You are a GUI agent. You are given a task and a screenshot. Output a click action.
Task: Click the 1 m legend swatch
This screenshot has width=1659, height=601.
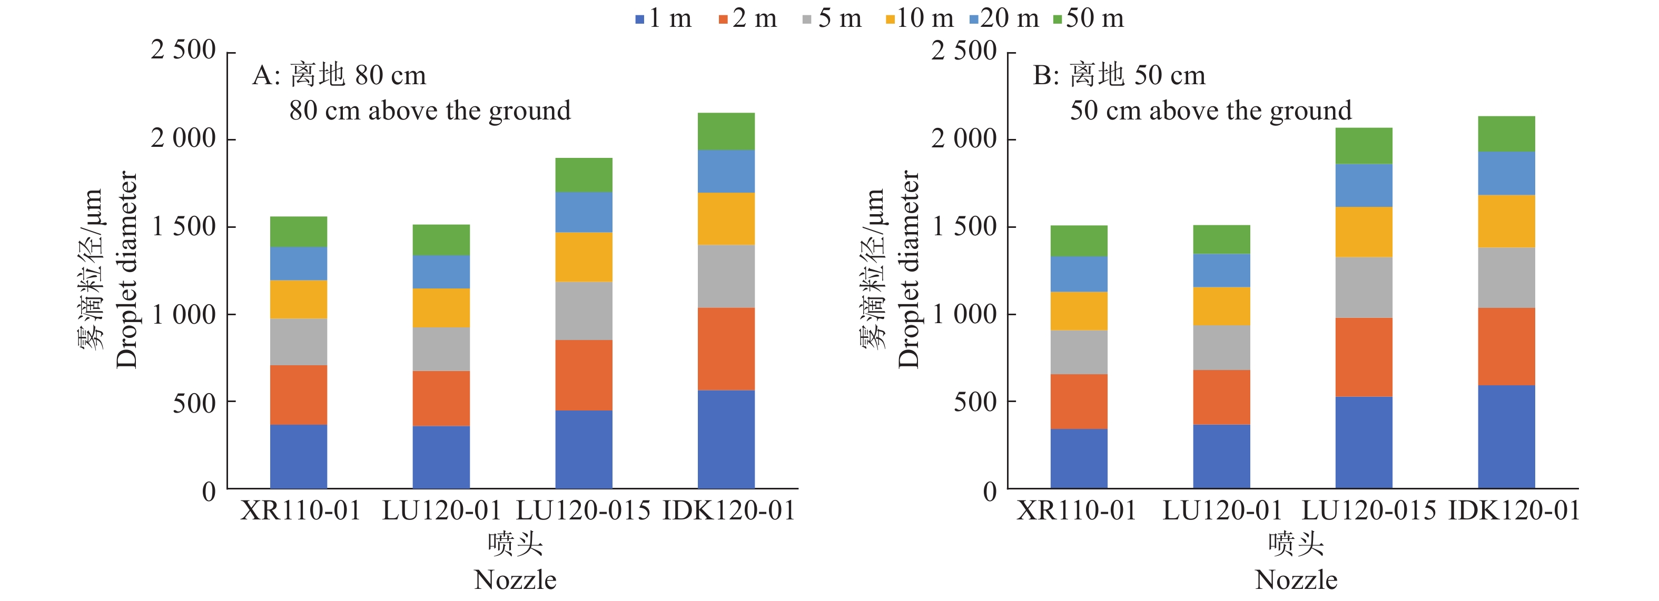tap(639, 20)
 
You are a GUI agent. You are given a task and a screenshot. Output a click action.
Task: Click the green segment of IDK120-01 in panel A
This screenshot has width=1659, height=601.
tap(726, 132)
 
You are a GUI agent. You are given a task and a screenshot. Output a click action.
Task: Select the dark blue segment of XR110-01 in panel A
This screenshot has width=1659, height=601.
tap(298, 456)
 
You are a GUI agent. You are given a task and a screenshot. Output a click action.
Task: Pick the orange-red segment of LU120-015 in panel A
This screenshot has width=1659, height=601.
tap(584, 375)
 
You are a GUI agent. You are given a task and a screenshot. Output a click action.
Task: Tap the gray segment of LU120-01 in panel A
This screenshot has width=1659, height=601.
tap(441, 349)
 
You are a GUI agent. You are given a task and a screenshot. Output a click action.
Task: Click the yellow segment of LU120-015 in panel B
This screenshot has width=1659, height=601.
tap(1364, 232)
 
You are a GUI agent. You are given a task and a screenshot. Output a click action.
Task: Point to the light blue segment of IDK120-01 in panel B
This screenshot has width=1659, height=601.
tap(1506, 174)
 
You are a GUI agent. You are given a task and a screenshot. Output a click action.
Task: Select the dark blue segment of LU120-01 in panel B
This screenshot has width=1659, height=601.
tap(1221, 456)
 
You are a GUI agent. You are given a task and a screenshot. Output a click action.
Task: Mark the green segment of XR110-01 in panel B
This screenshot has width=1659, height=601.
tap(1079, 242)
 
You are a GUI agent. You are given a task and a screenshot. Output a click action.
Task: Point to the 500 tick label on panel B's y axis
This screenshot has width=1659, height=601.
tap(975, 402)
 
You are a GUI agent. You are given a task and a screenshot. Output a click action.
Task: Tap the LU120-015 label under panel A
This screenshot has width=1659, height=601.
tap(584, 511)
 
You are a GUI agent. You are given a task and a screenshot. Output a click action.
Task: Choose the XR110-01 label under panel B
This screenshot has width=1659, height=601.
tap(1077, 511)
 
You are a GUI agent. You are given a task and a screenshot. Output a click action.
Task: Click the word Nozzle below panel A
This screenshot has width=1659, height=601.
tap(515, 580)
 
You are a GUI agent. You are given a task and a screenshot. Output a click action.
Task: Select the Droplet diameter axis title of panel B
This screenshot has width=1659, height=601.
tap(908, 271)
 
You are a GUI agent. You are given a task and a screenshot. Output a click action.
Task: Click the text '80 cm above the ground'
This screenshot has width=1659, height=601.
tap(430, 111)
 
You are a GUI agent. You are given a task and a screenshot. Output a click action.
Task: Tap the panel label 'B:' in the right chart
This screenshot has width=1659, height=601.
tap(1046, 76)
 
